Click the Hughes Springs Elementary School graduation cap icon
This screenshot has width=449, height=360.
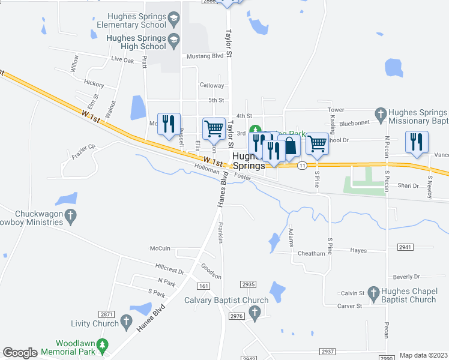pos(173,19)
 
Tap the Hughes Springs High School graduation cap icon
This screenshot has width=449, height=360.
pos(173,41)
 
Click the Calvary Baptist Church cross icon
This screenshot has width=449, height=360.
pos(255,312)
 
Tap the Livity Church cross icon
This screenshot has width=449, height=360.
pos(126,323)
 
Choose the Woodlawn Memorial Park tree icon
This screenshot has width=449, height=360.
pos(102,346)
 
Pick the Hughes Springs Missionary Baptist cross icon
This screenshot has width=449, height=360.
pos(380,113)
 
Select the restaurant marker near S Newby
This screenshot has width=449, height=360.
pos(417,142)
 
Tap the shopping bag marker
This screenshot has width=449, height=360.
pos(289,146)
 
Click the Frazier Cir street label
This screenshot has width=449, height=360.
pos(83,147)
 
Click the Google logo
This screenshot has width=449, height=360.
pos(20,353)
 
